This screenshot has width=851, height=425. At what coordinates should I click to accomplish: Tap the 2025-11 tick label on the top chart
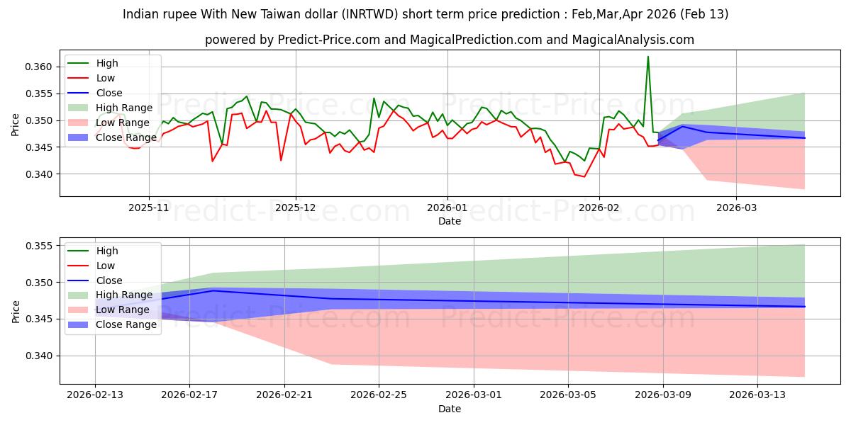(149, 208)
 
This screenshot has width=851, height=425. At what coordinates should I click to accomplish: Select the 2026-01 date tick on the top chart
(447, 208)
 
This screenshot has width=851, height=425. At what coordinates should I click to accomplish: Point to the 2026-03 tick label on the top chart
(735, 208)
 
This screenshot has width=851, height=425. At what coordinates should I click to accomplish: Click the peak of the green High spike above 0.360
(647, 57)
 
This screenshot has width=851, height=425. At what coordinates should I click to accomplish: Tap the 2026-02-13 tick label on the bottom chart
(95, 395)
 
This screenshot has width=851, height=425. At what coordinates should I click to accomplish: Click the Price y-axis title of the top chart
(16, 124)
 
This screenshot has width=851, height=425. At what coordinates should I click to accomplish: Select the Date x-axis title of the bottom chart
(450, 409)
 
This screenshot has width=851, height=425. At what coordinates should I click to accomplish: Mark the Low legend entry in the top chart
(106, 78)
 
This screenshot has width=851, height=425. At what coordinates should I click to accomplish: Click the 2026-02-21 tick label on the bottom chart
(284, 395)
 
